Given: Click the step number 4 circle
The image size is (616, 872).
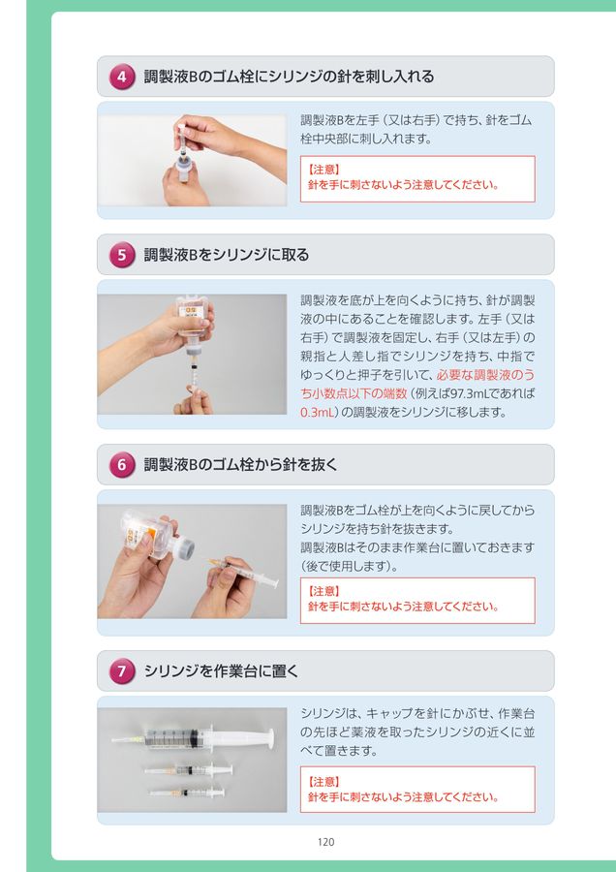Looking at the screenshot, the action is click(122, 77).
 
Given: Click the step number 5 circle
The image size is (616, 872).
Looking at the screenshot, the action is click(122, 255).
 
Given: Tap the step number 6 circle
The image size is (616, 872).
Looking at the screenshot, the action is click(122, 465).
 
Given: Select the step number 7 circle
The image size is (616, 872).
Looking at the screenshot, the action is click(122, 671).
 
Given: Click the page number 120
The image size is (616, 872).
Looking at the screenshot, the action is click(325, 842).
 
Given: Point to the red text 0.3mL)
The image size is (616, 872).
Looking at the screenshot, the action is click(320, 413).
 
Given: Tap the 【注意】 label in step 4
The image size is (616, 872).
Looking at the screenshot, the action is click(323, 169).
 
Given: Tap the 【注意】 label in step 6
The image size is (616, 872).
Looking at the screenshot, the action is click(323, 591).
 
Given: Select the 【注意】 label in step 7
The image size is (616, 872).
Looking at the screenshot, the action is click(323, 781).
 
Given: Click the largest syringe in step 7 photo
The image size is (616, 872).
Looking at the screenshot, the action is click(193, 738).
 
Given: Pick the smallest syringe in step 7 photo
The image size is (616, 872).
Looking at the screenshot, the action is click(187, 792).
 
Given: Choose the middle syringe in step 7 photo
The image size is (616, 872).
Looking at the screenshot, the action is click(189, 769).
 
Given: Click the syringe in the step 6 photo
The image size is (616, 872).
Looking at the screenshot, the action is click(244, 571).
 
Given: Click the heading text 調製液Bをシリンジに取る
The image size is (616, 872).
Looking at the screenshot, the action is click(227, 255).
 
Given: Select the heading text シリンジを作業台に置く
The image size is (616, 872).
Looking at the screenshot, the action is click(221, 671).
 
